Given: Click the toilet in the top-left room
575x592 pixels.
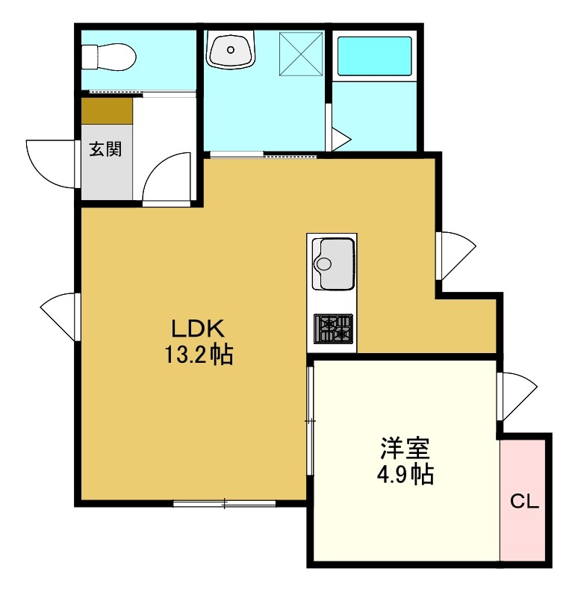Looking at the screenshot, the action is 109,57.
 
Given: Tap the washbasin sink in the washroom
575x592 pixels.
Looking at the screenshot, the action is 231,49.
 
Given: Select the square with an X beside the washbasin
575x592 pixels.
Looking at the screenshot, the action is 301,54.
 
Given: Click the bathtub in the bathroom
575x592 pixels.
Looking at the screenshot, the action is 374,56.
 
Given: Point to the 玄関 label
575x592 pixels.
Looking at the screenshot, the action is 105,149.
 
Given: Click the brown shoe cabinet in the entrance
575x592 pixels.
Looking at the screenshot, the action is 108,111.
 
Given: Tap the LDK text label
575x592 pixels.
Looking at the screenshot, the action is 198,328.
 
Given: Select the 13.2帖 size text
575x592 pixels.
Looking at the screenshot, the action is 199,355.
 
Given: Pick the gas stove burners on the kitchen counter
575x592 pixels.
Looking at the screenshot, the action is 333,328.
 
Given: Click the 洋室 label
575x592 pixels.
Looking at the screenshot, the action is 405,448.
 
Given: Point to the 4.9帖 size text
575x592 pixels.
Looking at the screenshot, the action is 405,474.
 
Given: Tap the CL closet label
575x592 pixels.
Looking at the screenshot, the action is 524,502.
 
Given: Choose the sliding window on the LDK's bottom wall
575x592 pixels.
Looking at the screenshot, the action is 224,503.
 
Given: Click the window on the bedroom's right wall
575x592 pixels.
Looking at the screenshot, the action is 517,396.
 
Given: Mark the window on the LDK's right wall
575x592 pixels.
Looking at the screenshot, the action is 456,256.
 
